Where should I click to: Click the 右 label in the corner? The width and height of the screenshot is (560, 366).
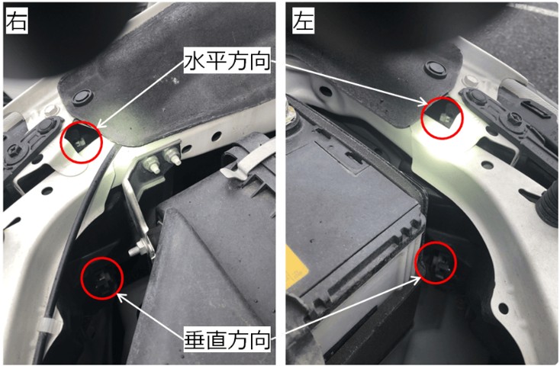click(17, 21)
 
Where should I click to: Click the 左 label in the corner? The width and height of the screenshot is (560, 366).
click(303, 21)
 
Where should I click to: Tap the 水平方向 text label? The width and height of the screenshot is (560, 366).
click(227, 61)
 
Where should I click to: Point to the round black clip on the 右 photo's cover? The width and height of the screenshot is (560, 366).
click(82, 96)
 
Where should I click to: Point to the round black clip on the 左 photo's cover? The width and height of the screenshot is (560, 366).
click(436, 69)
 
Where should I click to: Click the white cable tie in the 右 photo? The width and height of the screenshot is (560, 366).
click(46, 324)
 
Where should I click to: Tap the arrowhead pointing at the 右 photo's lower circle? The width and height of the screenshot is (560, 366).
click(121, 296)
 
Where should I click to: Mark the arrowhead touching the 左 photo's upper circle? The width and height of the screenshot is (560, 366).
click(423, 103)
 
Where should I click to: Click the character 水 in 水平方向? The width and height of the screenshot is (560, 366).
click(195, 61)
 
